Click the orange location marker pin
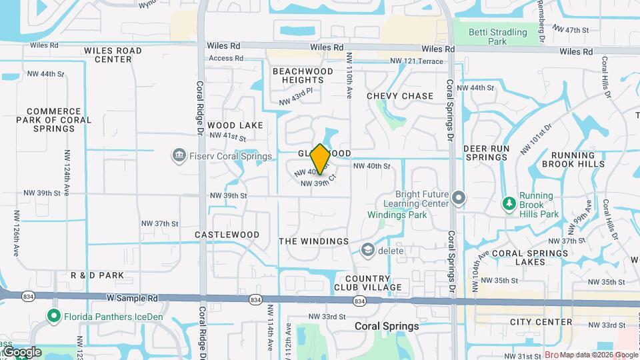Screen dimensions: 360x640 (x=320, y=159)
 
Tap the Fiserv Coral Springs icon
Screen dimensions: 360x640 (x=179, y=156)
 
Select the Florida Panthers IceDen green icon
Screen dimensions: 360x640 (x=53, y=316)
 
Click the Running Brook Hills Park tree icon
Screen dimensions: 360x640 (x=509, y=203)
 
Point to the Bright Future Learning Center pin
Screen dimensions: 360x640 (x=458, y=198)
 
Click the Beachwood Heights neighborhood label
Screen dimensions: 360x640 (x=303, y=75)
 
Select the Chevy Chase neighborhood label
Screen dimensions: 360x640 (x=400, y=96)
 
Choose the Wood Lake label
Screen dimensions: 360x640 (x=235, y=125)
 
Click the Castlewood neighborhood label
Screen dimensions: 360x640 (x=227, y=235)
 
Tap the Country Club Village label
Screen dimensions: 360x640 (x=373, y=283)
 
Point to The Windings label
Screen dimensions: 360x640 (x=313, y=241)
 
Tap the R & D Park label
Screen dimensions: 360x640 (x=97, y=275)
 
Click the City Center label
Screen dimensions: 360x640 (x=541, y=322)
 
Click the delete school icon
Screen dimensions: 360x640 (x=367, y=250)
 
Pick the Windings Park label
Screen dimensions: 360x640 (x=397, y=215)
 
